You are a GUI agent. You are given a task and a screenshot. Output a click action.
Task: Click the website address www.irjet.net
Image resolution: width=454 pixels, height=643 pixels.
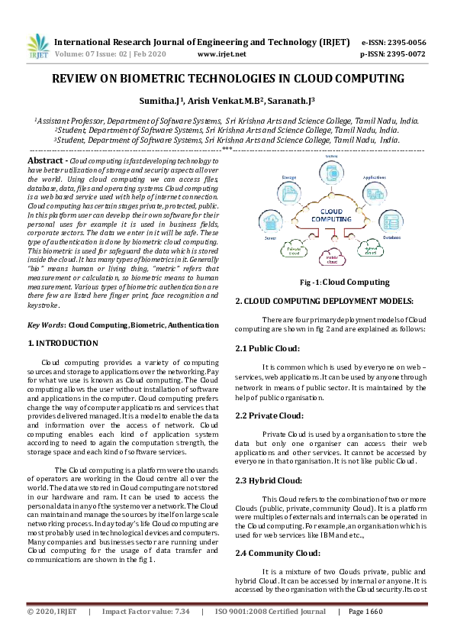(x=221, y=54)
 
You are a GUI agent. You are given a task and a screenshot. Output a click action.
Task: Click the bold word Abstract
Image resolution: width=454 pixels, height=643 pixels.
(x=45, y=161)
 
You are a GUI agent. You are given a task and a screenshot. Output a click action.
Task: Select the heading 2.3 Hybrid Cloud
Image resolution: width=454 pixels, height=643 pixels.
(x=270, y=480)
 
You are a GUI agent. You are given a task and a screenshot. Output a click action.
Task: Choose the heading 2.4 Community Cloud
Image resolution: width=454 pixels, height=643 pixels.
(x=277, y=552)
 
